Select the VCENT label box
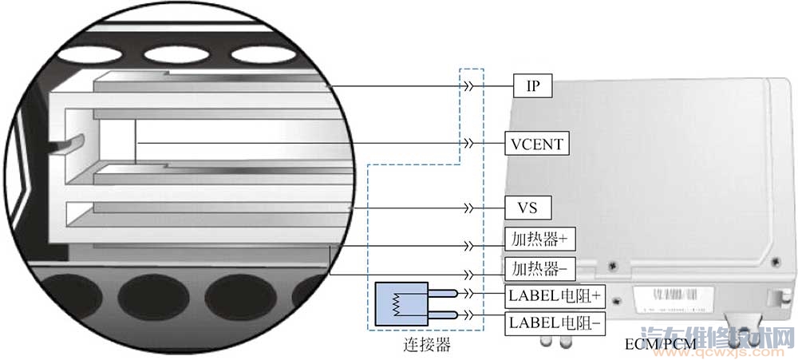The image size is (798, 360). pyautogui.click(x=537, y=144)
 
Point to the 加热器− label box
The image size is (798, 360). pyautogui.click(x=539, y=267)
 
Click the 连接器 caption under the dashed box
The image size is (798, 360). pyautogui.click(x=426, y=346)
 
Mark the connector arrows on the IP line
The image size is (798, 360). pyautogui.click(x=472, y=86)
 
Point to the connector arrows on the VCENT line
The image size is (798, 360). pyautogui.click(x=472, y=144)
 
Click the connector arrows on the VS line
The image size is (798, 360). pyautogui.click(x=472, y=208)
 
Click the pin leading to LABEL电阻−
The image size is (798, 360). pyautogui.click(x=444, y=316)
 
